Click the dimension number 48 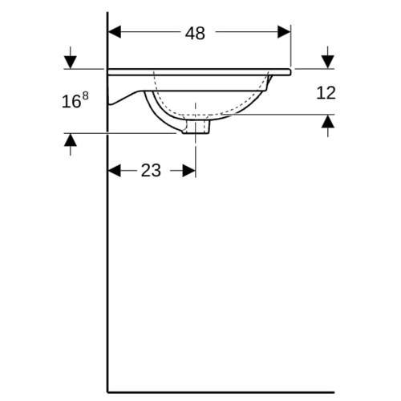[195, 34]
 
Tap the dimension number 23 [151, 170]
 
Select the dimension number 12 [326, 93]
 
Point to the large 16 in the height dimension [71, 102]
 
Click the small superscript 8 [85, 95]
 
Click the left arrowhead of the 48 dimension [114, 32]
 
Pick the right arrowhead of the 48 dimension [284, 32]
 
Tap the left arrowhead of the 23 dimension [114, 170]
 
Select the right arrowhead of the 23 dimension [189, 170]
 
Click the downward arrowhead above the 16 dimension [71, 62]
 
